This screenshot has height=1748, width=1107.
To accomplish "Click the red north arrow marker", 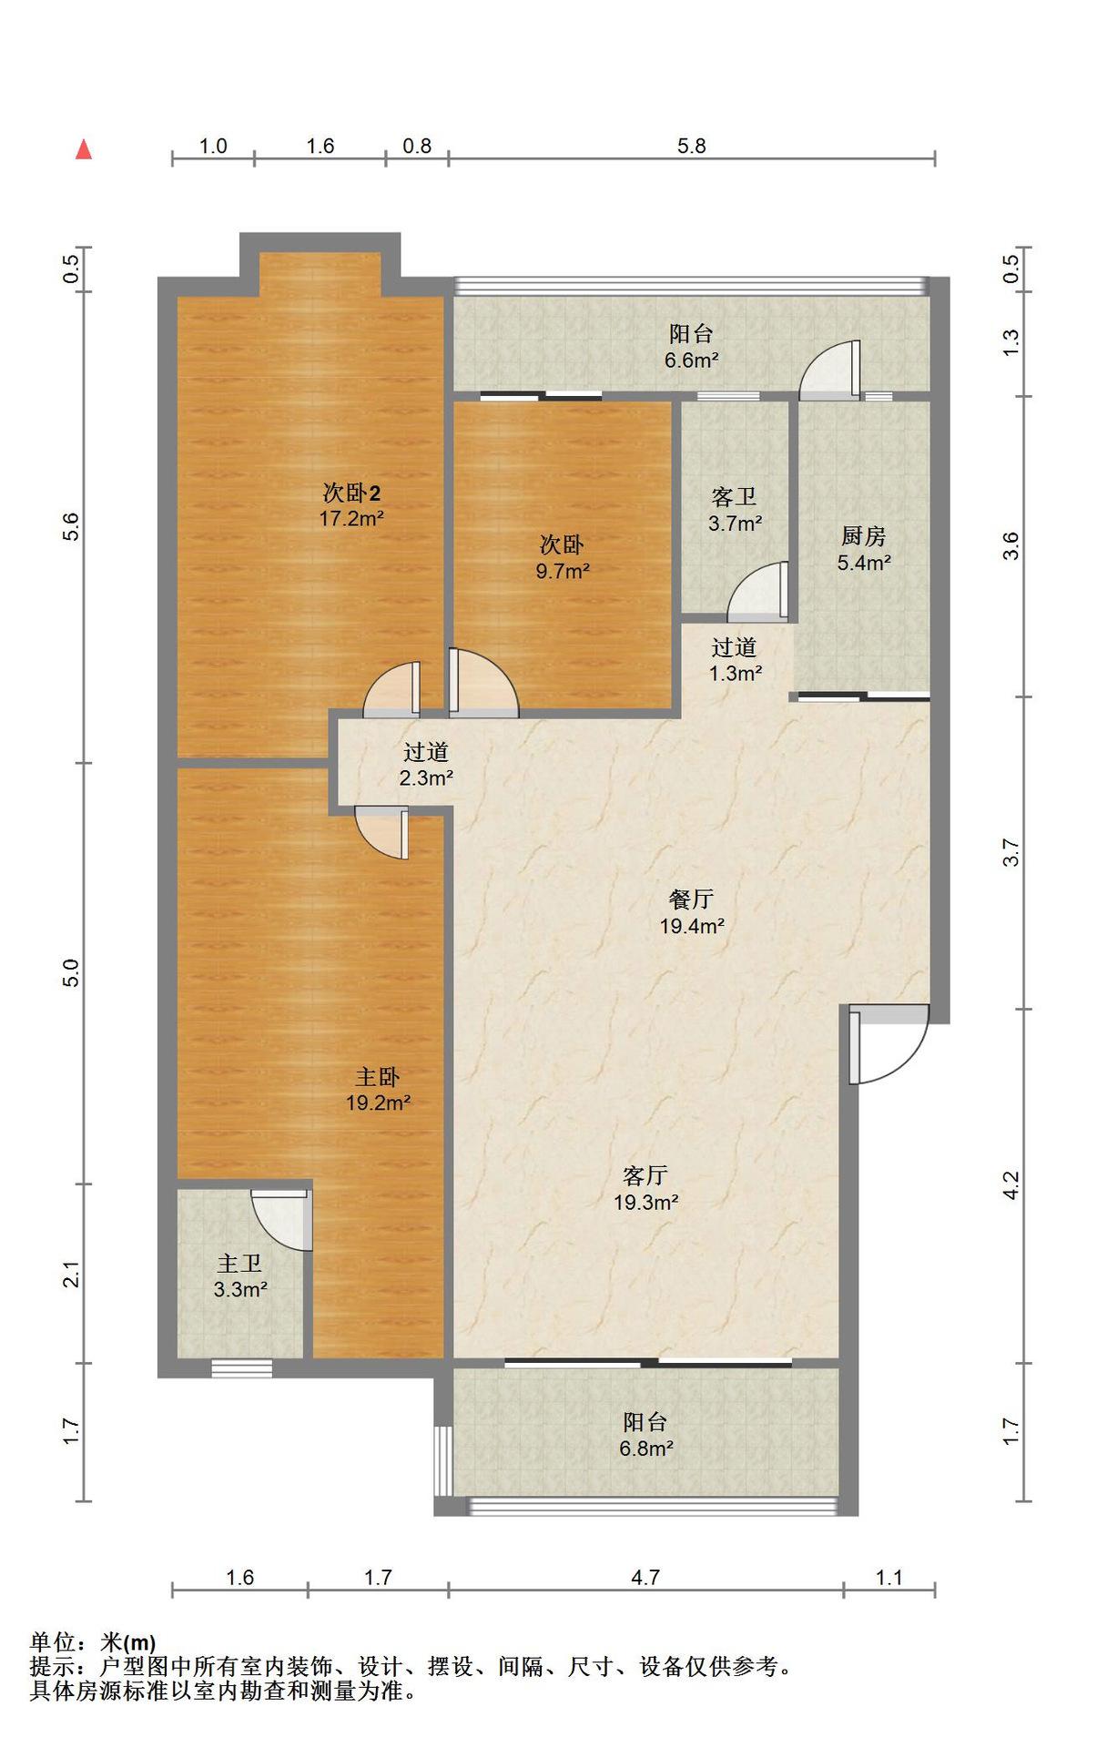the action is pos(84,149).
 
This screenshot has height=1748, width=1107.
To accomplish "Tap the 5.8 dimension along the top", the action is pos(691,146).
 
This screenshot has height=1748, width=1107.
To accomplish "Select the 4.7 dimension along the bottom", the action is pos(645,1577).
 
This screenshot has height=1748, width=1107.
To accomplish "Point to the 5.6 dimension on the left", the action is pos(71,527).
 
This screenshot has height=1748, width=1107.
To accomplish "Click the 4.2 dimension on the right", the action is pos(1011,1184).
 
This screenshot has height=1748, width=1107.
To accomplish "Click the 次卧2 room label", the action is pos(351,493).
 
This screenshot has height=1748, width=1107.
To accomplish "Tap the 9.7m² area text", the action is pos(563,572).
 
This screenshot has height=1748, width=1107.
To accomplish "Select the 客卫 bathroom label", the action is pos(734,497).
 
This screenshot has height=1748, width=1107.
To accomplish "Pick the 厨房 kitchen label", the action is pos(863,536).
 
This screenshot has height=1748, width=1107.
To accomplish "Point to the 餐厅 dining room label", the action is pos(691,899).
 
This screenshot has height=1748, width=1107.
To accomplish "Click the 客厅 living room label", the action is pos(645,1175).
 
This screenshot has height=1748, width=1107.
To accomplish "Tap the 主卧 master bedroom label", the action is pos(377,1077).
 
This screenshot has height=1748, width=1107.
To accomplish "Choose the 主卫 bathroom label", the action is pos(239,1264).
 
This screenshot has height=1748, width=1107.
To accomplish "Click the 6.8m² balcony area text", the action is pos(646,1448).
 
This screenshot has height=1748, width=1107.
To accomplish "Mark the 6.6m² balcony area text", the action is pos(692,361).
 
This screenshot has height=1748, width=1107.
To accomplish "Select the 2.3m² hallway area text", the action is pos(426,778).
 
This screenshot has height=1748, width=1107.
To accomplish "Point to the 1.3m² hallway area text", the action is pos(736,674).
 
